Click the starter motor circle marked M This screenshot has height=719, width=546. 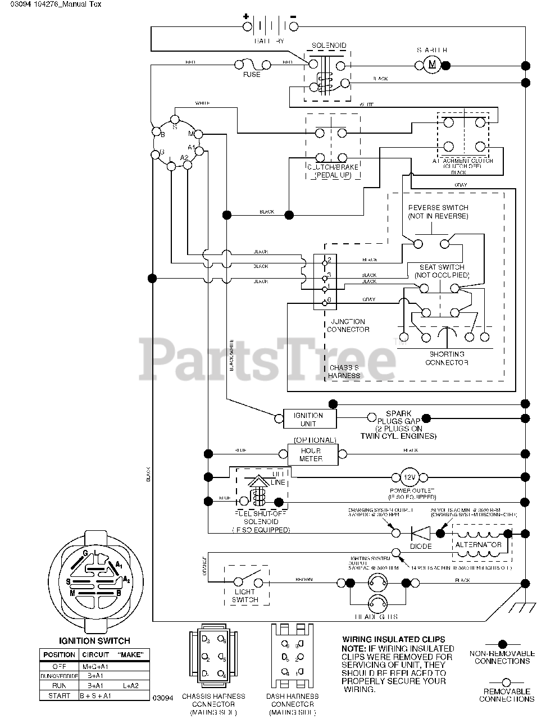[x=432, y=65]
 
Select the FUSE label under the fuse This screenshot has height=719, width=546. [x=252, y=75]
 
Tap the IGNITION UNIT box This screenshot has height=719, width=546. [x=308, y=419]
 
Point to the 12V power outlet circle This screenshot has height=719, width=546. [x=408, y=477]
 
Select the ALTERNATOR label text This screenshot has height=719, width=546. [x=479, y=545]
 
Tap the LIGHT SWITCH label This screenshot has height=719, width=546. [x=245, y=595]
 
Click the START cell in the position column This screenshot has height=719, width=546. [x=60, y=695]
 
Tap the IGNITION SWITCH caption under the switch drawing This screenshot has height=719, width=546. [x=94, y=640]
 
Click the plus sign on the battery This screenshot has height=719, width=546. [x=245, y=16]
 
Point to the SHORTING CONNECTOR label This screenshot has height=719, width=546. [x=447, y=358]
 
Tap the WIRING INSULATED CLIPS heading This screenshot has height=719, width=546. [x=393, y=639]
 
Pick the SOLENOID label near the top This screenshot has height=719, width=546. [x=329, y=45]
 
